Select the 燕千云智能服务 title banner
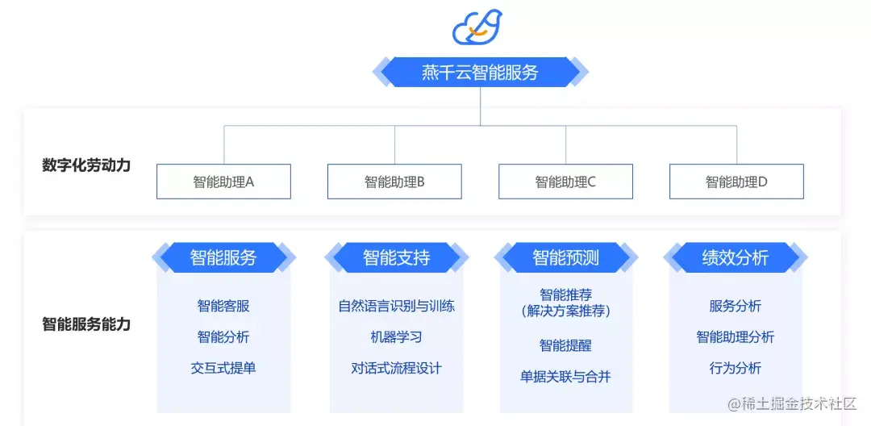coord(480,72)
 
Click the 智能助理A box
coord(223,182)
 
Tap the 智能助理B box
coord(394,182)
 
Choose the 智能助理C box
coord(565,182)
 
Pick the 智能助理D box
coord(736,182)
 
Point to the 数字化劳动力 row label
coord(86,165)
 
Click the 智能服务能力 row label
coord(86,324)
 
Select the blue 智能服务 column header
coord(223,258)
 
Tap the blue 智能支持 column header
coord(396,258)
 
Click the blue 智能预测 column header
coord(565,258)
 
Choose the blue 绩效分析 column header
coord(735,258)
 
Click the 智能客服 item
coord(223,306)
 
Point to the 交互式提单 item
coord(223,368)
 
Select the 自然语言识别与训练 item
coord(396,306)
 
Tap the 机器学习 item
coord(396,336)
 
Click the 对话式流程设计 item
coord(396,368)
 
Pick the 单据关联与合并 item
coord(565,376)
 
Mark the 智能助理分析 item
coord(735,336)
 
